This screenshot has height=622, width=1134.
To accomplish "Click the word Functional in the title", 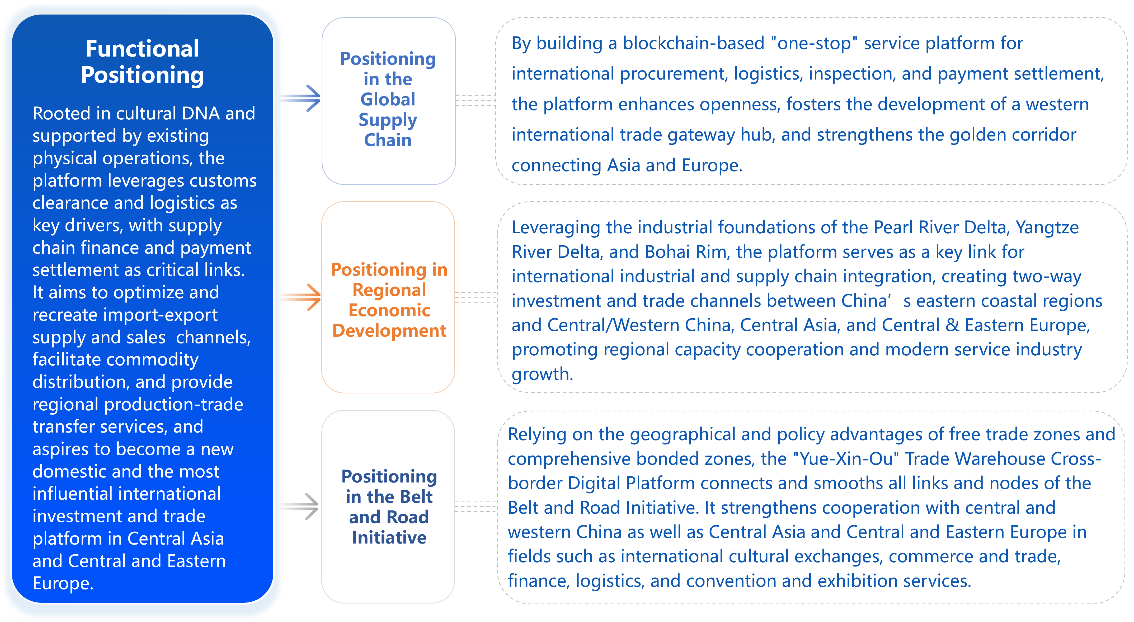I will pos(142,48).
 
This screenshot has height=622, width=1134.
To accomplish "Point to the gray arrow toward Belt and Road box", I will pos(299,507).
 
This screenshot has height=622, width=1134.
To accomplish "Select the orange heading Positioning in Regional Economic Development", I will pos(389,300).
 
